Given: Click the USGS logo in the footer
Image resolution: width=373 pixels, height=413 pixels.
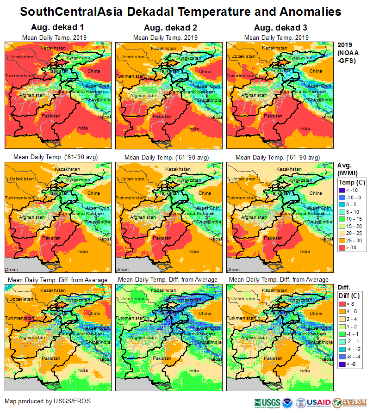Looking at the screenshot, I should coord(267,402).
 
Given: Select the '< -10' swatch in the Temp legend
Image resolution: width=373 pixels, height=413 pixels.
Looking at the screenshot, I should coord(343,190).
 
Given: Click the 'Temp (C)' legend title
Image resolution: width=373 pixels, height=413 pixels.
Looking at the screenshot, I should coord(352,182).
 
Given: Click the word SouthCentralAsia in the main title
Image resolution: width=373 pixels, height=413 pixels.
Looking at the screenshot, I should coord(74,11).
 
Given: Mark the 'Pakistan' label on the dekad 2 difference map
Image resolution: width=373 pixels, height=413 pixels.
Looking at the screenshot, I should coord(162,358).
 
